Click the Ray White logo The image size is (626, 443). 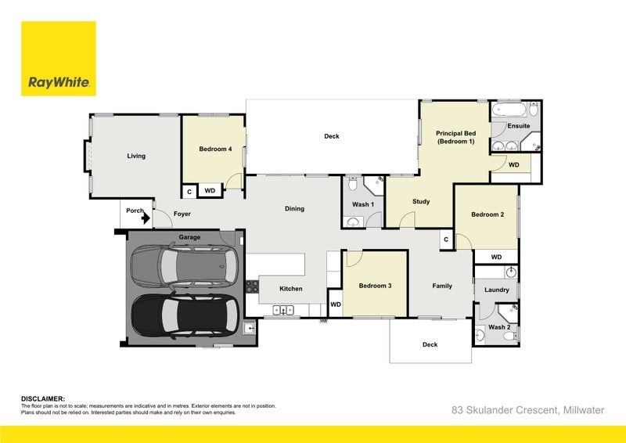[x=58, y=59]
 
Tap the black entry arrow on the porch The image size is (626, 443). [x=146, y=218]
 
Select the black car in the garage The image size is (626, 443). [x=185, y=316]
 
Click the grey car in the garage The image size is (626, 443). [x=185, y=265]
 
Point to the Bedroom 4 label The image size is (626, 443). [x=216, y=149]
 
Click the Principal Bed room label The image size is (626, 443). [x=455, y=137]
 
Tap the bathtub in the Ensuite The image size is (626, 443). [x=509, y=109]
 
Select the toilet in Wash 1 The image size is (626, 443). [x=353, y=184]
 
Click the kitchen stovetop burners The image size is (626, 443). [x=252, y=286]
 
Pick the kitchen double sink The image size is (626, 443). [x=283, y=310]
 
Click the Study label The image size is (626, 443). [x=421, y=201]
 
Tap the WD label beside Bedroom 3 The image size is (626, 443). [x=336, y=304]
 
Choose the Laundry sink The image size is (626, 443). [x=511, y=273]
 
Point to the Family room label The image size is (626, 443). [x=442, y=286]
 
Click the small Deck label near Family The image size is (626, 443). [x=430, y=344]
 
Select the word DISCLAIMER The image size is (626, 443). [x=43, y=398]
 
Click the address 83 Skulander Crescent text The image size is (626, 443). [x=505, y=410]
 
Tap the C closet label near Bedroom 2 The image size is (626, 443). [x=446, y=240]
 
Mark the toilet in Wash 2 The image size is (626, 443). [x=510, y=336]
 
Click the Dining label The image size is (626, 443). [x=294, y=208]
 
